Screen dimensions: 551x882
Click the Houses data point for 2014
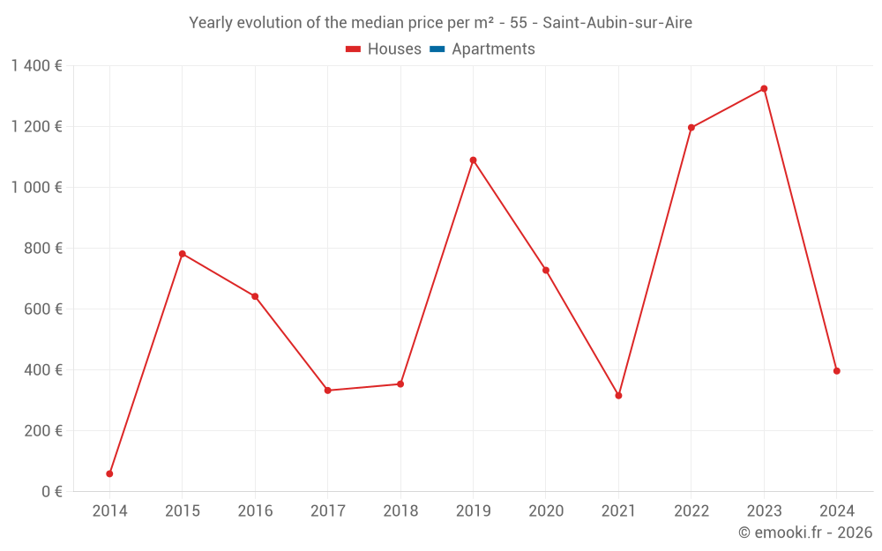(109, 473)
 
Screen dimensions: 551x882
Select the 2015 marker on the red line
(183, 254)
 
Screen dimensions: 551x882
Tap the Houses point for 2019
(473, 160)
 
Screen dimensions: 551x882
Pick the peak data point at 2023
(764, 89)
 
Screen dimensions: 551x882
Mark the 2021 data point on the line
(618, 396)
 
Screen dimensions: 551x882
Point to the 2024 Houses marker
(836, 371)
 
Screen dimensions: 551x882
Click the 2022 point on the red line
(691, 128)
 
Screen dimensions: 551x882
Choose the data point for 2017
(327, 391)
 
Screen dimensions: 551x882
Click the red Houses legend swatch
(354, 49)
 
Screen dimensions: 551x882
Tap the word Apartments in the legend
(493, 49)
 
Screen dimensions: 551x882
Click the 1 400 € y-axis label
(37, 66)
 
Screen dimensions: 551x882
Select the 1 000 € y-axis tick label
(37, 188)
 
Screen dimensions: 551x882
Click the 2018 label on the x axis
(400, 511)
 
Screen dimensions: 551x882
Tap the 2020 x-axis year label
(546, 511)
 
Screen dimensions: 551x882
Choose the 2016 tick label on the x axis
(255, 511)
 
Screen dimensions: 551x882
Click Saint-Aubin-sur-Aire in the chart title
(617, 23)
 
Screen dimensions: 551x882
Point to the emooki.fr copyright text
(805, 532)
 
